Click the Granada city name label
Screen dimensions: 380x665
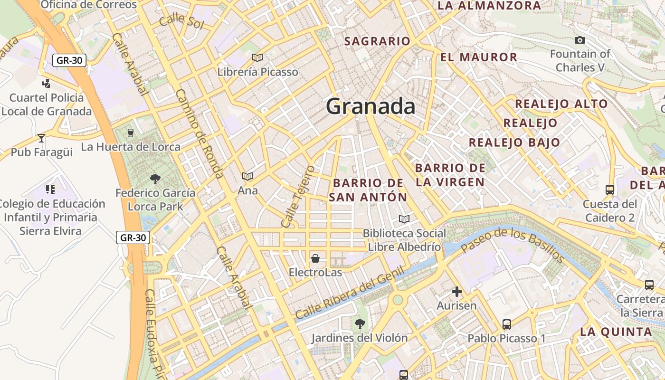click(370, 106)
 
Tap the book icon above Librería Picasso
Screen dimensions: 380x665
click(257, 57)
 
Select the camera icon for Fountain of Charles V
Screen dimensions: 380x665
click(580, 40)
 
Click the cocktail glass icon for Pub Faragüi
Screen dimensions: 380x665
click(41, 138)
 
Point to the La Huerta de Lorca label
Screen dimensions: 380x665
click(131, 147)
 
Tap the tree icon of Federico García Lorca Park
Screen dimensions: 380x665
click(155, 179)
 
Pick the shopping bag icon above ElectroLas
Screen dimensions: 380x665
click(315, 258)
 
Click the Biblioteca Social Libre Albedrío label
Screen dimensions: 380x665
click(405, 240)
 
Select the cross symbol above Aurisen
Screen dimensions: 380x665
click(457, 292)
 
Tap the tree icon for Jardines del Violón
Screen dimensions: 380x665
click(360, 324)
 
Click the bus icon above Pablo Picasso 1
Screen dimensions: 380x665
click(507, 324)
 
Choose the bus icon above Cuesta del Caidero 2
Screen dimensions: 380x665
click(610, 190)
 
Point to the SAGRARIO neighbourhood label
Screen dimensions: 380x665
click(377, 41)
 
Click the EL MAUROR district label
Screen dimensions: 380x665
click(478, 57)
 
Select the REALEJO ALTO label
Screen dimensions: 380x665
click(561, 104)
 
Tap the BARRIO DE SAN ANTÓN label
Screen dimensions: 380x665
click(368, 190)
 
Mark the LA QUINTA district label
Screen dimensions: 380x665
click(616, 332)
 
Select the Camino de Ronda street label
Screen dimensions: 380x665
click(199, 134)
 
